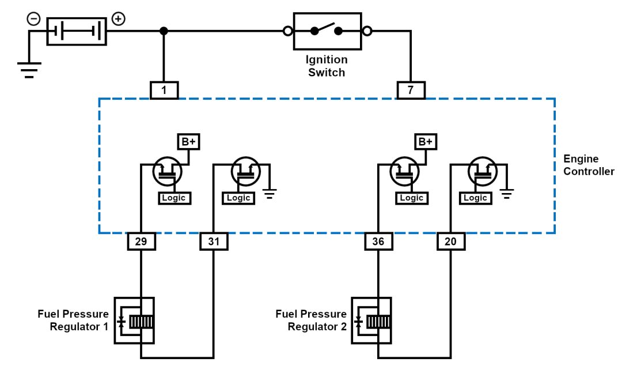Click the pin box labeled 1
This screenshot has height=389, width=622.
164,90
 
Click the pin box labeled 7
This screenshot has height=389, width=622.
411,90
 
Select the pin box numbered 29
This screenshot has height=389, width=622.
141,241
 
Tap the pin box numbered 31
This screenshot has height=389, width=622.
214,241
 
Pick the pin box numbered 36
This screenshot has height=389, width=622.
378,241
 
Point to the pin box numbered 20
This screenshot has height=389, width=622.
451,241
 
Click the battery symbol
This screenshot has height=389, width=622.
77,31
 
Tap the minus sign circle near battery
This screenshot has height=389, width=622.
34,19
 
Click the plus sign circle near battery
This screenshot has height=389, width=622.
118,19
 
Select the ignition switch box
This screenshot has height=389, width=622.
327,31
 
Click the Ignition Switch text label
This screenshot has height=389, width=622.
327,66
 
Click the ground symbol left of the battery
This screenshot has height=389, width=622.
30,69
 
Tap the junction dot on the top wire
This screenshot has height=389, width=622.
164,31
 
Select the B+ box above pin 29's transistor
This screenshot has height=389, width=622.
188,142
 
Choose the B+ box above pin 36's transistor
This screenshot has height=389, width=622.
426,142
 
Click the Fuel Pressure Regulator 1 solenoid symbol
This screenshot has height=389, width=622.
134,321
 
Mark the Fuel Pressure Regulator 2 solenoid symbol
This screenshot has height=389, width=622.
371,321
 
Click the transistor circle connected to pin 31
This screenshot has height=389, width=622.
246,172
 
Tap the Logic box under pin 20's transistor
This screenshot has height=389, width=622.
475,198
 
